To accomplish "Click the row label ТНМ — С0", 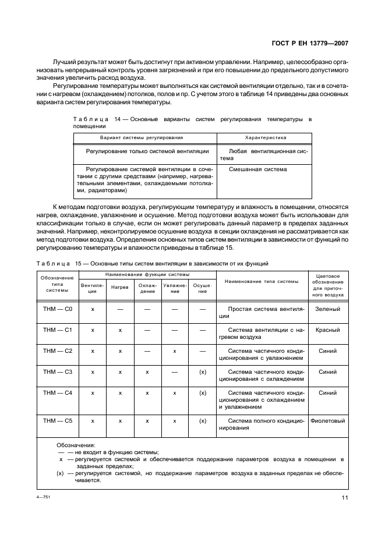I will [57, 309].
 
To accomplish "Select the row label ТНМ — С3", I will [57, 371].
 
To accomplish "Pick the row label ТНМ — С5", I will [57, 420].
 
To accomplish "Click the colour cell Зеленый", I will [328, 309].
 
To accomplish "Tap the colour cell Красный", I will [328, 330].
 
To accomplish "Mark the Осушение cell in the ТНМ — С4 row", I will [203, 393].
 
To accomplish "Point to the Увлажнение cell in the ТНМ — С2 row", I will [174, 351].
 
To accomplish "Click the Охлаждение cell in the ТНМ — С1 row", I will [147, 330].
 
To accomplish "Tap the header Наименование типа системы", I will [262, 281].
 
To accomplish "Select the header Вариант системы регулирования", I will [142, 138].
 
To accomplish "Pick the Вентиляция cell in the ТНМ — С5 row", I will [93, 420].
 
